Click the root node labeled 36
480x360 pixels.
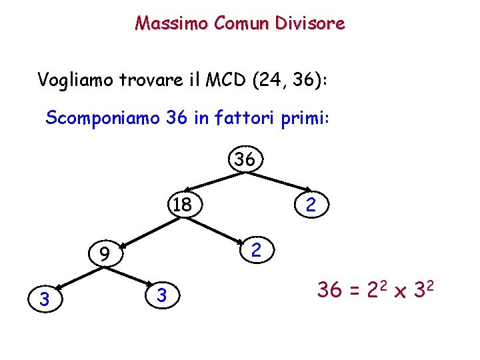pyautogui.click(x=245, y=160)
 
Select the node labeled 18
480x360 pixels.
pyautogui.click(x=182, y=204)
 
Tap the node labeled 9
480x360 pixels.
pyautogui.click(x=103, y=253)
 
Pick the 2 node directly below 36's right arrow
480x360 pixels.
pyautogui.click(x=310, y=204)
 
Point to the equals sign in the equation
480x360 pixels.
pyautogui.click(x=353, y=291)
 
